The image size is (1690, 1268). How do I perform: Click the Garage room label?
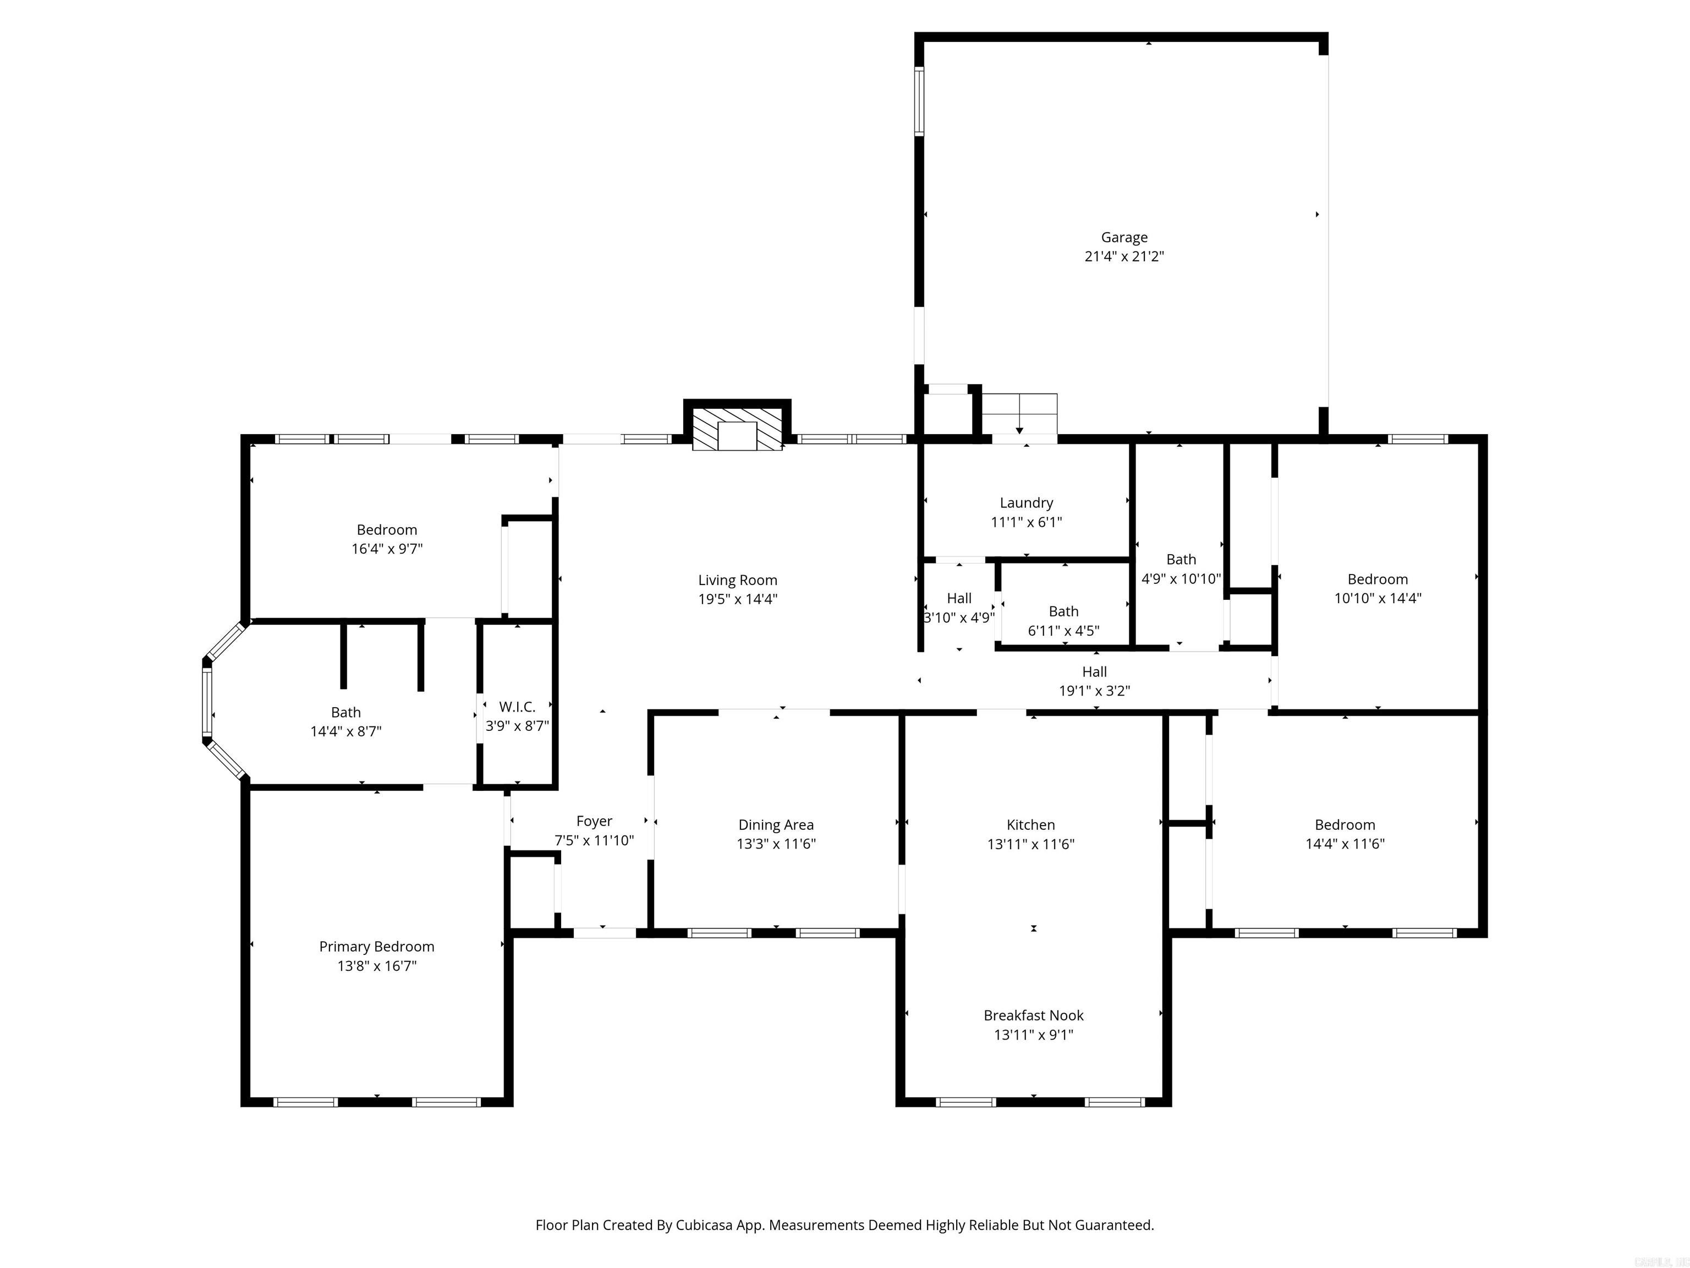1124,238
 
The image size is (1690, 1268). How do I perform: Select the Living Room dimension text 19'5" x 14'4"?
737,599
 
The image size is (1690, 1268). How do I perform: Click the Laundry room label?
1026,503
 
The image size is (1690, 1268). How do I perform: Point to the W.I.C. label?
517,707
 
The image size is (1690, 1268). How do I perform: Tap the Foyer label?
594,821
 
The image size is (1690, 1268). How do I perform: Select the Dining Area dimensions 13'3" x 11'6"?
776,844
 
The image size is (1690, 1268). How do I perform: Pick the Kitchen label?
1030,825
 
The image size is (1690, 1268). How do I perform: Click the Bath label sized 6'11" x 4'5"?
1063,611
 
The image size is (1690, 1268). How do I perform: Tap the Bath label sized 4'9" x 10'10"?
1181,560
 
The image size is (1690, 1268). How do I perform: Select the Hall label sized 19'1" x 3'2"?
1094,672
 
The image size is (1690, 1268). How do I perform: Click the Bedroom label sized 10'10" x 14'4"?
1377,580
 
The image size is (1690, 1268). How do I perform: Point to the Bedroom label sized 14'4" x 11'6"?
1345,825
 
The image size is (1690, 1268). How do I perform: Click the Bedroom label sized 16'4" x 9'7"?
387,529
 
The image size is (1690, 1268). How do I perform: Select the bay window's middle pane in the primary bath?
206,701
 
